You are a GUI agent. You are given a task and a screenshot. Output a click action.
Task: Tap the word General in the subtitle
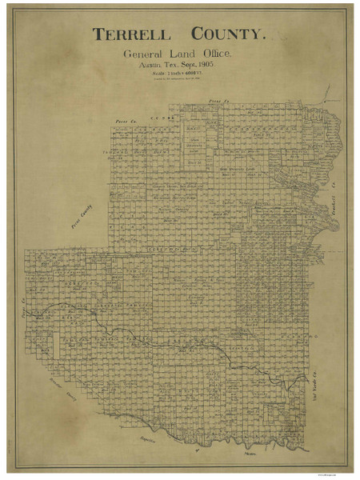(x=142, y=54)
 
